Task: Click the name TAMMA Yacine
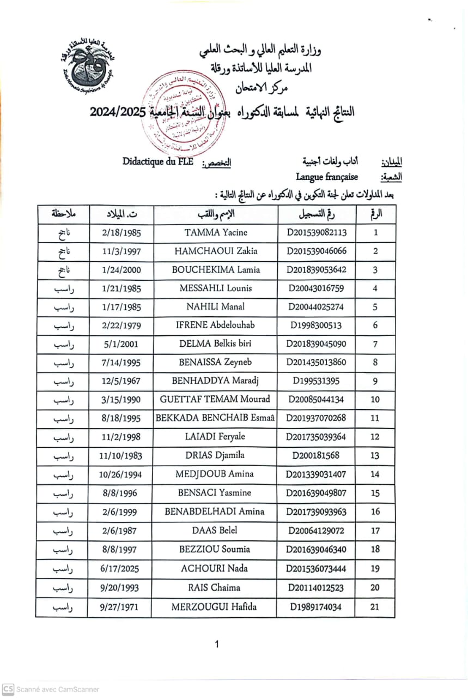click(216, 232)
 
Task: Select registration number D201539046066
click(316, 251)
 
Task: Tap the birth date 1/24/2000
click(121, 269)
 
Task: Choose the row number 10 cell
click(375, 399)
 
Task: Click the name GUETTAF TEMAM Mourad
click(215, 399)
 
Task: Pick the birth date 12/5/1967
click(121, 381)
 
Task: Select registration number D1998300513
click(316, 326)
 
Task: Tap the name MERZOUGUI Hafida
click(215, 606)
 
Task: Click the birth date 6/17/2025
click(120, 569)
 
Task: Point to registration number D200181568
click(316, 455)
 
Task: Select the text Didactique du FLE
click(158, 161)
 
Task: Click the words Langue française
click(327, 177)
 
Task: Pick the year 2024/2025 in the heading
click(117, 112)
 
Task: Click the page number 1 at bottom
click(217, 645)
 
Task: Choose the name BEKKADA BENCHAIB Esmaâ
click(215, 418)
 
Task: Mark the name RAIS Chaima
click(215, 588)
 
